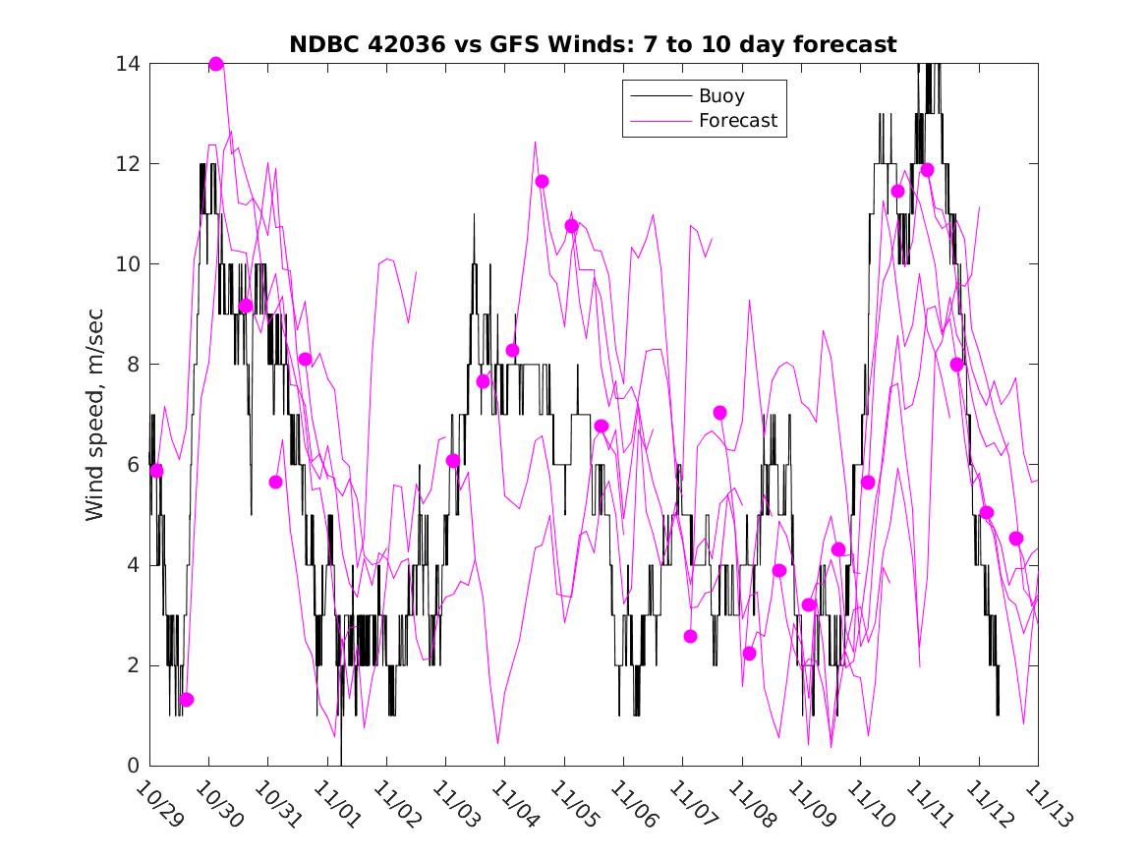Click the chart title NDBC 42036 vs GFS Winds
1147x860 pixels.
593,44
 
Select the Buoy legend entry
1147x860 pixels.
721,96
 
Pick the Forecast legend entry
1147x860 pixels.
737,121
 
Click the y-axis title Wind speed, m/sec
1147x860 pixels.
94,414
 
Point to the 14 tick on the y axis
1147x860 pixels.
128,64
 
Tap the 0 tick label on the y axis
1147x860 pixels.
134,766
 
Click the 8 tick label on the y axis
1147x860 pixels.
134,365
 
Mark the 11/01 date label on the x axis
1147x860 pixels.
337,806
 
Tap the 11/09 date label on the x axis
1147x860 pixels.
811,806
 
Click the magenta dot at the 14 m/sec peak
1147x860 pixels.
216,64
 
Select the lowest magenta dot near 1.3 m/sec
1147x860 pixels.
187,700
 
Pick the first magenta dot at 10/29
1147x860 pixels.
156,471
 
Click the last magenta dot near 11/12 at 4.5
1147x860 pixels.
1016,539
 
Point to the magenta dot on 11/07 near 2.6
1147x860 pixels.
690,636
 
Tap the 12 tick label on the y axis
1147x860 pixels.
128,164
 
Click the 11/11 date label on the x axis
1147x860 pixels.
930,806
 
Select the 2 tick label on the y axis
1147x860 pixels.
134,665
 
